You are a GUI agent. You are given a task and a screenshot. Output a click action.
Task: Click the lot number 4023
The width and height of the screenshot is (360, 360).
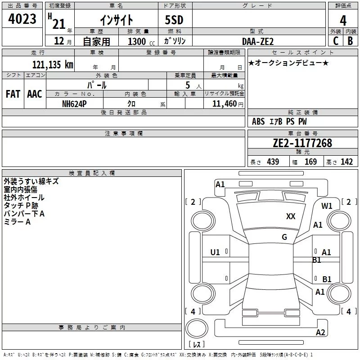click(x=22, y=19)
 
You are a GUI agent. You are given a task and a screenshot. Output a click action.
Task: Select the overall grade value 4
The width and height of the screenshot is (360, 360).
click(x=343, y=21)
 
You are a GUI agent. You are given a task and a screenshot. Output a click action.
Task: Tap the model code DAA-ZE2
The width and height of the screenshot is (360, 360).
click(x=258, y=41)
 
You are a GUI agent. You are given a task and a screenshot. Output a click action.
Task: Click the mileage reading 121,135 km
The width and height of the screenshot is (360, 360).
click(x=53, y=65)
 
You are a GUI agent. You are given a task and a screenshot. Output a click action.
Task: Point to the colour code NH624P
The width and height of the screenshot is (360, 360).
click(x=74, y=104)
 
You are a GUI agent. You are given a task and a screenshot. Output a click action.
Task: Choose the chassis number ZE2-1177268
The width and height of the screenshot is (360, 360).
click(x=302, y=143)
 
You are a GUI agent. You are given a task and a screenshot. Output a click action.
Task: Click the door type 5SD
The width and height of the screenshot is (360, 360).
click(x=174, y=20)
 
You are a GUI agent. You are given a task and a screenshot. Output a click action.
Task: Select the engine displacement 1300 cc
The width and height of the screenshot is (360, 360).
click(x=141, y=41)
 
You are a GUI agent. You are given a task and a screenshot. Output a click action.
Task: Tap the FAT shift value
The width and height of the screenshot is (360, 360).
click(x=13, y=94)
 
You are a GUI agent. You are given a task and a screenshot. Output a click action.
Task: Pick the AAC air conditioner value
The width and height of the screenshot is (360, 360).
click(x=35, y=94)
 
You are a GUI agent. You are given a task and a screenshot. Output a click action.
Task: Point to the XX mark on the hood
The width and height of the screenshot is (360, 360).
click(x=291, y=216)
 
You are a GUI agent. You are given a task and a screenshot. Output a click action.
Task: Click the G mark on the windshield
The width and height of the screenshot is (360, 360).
click(x=284, y=237)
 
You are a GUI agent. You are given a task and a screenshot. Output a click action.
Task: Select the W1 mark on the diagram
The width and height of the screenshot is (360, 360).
click(x=327, y=206)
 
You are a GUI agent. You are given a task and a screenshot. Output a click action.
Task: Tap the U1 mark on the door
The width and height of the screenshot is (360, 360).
click(x=215, y=252)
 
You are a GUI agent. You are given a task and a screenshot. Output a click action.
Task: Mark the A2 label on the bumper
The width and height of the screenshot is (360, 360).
click(x=320, y=332)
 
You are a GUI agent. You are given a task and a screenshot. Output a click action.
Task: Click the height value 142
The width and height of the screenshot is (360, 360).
click(x=346, y=162)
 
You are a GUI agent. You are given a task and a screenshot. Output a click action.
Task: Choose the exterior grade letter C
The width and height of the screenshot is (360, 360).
click(x=336, y=41)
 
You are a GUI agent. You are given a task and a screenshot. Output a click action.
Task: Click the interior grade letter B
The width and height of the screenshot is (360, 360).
click(x=350, y=41)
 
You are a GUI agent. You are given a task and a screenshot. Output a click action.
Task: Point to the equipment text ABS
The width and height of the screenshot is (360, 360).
click(x=258, y=121)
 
